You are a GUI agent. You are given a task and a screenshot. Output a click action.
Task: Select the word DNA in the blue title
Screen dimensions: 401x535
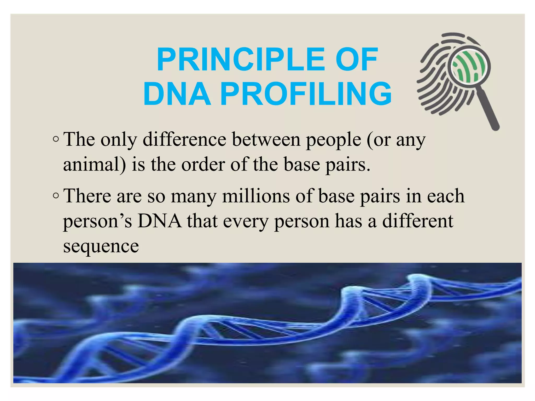coord(177,94)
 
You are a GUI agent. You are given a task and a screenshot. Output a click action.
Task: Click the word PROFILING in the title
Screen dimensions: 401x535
coord(306,94)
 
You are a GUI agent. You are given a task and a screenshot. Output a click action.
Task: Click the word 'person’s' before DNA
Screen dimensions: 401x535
coord(97,222)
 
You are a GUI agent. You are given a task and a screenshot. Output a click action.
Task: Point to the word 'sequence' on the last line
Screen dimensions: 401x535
coord(101,246)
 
